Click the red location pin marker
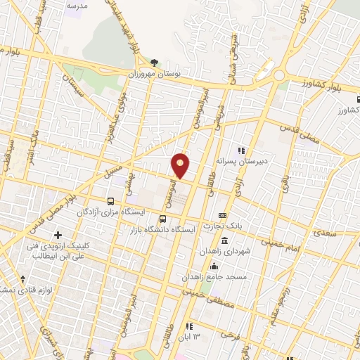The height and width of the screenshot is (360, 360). [181, 165]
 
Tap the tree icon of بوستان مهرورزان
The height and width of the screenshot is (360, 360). [154, 63]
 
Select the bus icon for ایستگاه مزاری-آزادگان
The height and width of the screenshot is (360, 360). [110, 200]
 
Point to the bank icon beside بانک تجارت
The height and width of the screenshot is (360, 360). [223, 215]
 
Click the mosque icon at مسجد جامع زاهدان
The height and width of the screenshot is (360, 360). [214, 267]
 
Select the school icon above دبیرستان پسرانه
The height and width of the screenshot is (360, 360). [242, 150]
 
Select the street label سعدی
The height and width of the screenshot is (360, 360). [325, 231]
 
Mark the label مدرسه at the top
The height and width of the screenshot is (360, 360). [77, 6]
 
